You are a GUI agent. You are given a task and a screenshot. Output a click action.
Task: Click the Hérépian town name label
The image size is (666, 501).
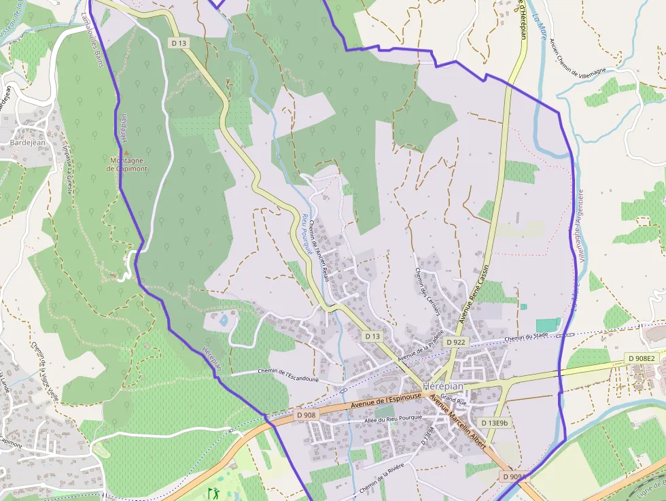click(x=442, y=385)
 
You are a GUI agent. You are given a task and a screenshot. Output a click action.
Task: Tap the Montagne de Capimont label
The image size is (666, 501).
click(x=128, y=165)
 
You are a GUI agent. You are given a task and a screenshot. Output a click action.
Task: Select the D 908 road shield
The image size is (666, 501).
click(x=306, y=414)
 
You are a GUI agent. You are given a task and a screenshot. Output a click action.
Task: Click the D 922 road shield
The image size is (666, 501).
click(x=455, y=342)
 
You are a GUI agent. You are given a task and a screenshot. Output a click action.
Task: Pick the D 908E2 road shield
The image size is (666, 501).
click(x=642, y=358)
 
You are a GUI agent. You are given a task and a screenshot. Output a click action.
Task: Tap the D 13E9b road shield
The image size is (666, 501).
click(x=494, y=423)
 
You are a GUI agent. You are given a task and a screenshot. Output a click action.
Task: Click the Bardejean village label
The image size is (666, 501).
click(x=27, y=143)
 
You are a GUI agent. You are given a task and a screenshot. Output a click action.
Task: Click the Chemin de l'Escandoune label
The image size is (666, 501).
click(x=288, y=371)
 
